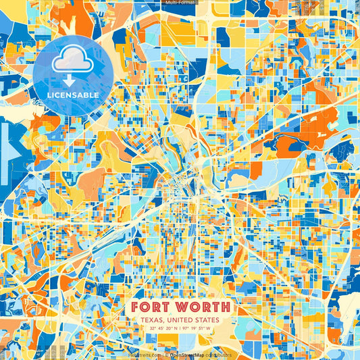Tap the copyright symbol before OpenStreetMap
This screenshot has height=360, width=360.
165,354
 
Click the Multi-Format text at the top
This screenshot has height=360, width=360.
180,3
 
